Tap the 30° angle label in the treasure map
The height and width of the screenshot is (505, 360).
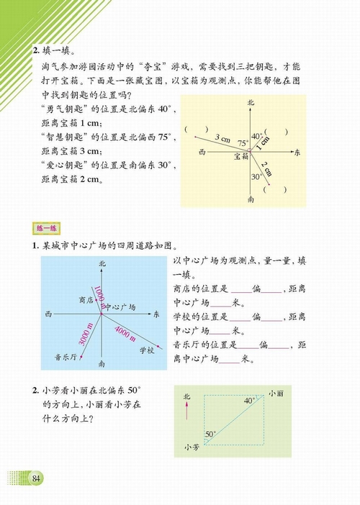point(256,176)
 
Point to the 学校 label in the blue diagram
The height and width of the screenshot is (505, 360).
point(146,350)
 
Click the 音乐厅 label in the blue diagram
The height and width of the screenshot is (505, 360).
point(67,355)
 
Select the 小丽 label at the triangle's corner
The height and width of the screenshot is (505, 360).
point(276,393)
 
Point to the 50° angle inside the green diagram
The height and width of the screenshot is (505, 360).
point(210,434)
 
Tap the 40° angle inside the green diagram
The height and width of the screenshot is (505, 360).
point(249,401)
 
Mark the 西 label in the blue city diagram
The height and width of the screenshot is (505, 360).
point(48,315)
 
